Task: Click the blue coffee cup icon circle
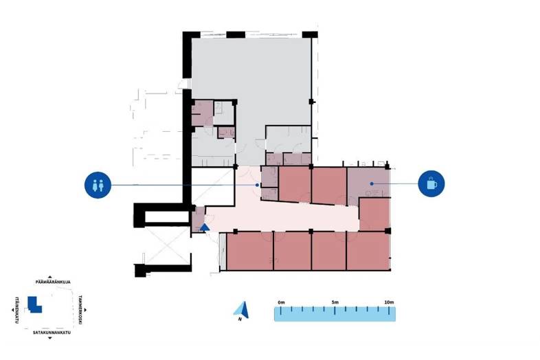coord(431,183)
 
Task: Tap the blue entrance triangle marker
coord(205,227)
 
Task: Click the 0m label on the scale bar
coord(281,302)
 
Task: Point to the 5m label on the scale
coord(335,302)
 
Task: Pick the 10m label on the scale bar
coord(388,302)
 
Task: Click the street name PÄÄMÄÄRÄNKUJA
coord(54,281)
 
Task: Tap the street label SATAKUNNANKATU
coord(52,332)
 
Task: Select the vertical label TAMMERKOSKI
coord(80,309)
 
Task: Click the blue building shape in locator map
coord(34,304)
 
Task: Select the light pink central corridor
coord(289,216)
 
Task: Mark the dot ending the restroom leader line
coord(258,185)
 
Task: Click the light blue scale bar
coord(335,314)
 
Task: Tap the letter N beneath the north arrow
coord(240,319)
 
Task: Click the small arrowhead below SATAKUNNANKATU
coord(49,339)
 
